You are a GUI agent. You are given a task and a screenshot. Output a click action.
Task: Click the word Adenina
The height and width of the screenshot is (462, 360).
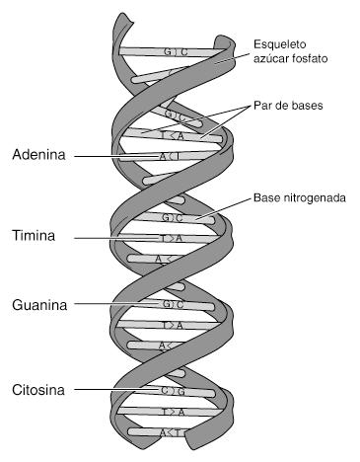pos(39,155)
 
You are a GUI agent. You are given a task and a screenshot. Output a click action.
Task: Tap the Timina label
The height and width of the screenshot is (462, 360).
pos(35,237)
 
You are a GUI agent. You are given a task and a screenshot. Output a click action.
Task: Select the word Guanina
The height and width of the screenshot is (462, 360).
pos(39,305)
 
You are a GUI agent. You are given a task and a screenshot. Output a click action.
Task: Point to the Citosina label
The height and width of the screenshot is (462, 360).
pos(39,390)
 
